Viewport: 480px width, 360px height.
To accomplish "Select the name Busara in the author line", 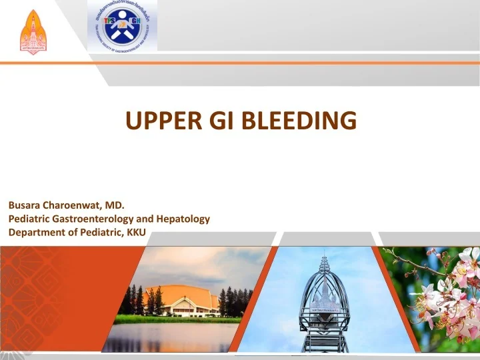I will coord(24,205).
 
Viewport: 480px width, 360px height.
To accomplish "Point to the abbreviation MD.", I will coord(115,205).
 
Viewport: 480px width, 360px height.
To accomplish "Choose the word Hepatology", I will coord(185,218).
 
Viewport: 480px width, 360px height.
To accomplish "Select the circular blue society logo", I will coord(123,26).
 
